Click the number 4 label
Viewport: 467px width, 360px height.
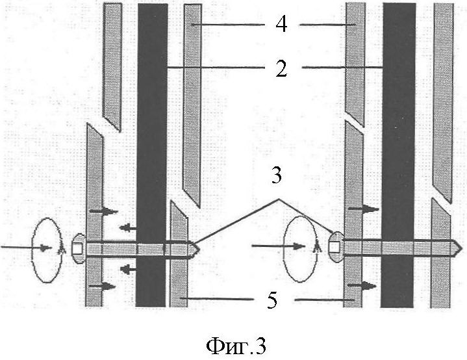tap(281, 26)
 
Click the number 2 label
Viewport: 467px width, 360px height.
tap(281, 68)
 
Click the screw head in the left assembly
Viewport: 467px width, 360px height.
tap(77, 248)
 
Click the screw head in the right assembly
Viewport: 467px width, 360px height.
tap(336, 246)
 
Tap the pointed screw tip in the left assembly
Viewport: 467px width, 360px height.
tap(194, 248)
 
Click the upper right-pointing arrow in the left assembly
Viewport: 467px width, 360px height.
tap(104, 211)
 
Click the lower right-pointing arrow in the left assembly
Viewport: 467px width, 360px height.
tap(104, 285)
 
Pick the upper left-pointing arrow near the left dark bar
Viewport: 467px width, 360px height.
tap(127, 227)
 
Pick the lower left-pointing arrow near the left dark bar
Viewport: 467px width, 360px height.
tap(127, 268)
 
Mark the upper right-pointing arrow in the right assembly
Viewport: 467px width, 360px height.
tap(364, 209)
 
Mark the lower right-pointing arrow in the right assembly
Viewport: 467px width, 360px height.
tap(364, 285)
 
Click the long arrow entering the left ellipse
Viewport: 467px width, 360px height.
tap(26, 248)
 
